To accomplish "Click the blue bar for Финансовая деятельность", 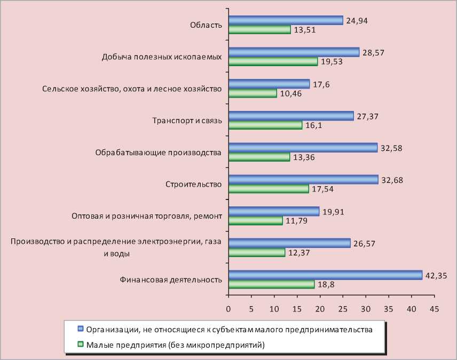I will pos(325,275).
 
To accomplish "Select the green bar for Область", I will pos(259,30).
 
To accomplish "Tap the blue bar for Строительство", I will pos(303,180).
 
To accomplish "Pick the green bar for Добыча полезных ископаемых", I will pos(273,62).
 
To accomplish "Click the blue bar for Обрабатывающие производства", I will pos(303,148).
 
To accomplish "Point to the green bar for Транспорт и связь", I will pos(265,126).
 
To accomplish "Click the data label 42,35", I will pos(435,275).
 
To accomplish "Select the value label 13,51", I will pos(304,30).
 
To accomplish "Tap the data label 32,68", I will pos(391,180).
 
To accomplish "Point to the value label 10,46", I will pos(290,94).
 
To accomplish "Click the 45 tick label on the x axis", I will pos(434,309).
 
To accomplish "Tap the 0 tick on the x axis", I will pos(228,309).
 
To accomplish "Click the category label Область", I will pos(206,25).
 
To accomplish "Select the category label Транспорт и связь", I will pos(186,121).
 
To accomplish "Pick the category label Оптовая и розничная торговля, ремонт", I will pos(146,217).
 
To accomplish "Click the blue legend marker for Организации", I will pos(81,329).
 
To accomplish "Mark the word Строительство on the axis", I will pos(193,185).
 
